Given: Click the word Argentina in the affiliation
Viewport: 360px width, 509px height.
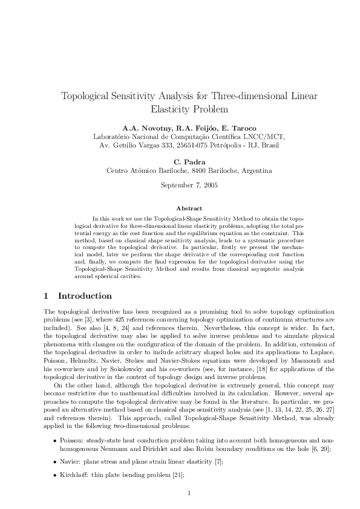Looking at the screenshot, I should tap(254, 170).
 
